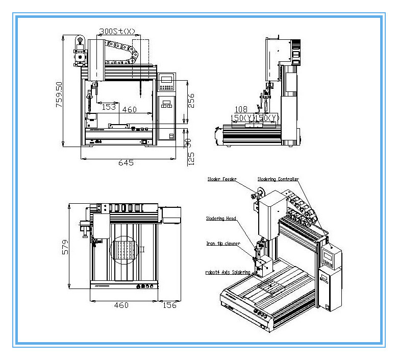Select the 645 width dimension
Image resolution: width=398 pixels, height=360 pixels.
pos(126,162)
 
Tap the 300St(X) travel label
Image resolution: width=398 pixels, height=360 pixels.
pos(117,32)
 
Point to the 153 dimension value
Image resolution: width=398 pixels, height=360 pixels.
pos(109,107)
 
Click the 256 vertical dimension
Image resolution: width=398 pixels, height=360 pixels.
pos(190,101)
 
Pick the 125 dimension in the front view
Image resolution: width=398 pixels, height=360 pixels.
pos(191,158)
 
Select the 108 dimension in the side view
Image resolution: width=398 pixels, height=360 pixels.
pos(240,109)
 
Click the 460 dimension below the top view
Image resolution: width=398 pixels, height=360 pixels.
pos(121,305)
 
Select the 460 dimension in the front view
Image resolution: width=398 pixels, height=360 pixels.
pos(130,109)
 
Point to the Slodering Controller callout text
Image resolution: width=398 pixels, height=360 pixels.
pos(278,179)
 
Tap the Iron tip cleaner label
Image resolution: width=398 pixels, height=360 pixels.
pos(223,244)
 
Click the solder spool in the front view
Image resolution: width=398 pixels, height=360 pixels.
pos(79,40)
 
